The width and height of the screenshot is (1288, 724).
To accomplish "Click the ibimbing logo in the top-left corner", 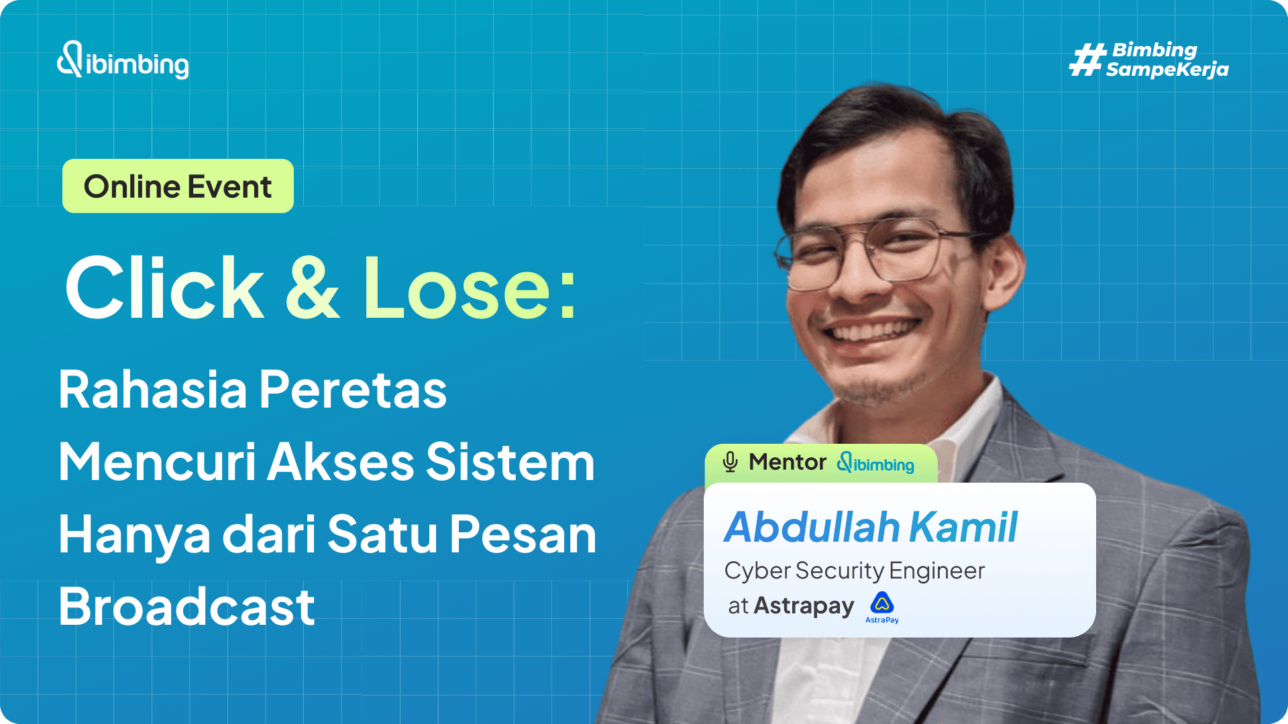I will tap(123, 61).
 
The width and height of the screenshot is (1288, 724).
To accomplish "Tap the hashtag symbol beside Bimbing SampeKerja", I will tap(1087, 60).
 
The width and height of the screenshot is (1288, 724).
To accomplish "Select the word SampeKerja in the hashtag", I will tap(1167, 70).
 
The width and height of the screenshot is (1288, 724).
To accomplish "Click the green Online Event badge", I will tap(178, 186).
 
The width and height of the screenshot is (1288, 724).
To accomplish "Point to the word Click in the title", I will tap(164, 288).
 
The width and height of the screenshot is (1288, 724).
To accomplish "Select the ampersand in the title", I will tap(313, 288).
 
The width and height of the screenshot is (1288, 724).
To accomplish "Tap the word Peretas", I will tap(353, 389).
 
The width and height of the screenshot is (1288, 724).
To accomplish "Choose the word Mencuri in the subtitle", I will tap(157, 462).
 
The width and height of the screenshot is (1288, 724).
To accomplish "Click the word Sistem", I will tap(510, 462).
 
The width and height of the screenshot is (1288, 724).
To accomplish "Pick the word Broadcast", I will tap(186, 607).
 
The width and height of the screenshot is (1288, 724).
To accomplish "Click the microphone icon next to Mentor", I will tap(730, 462).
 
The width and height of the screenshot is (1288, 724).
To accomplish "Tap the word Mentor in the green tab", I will tap(788, 462).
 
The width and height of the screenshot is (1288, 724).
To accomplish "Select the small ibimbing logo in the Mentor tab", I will tap(875, 463).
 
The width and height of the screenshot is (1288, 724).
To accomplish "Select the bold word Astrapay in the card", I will tap(804, 606).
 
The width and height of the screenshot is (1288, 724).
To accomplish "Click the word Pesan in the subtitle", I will tap(523, 534).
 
